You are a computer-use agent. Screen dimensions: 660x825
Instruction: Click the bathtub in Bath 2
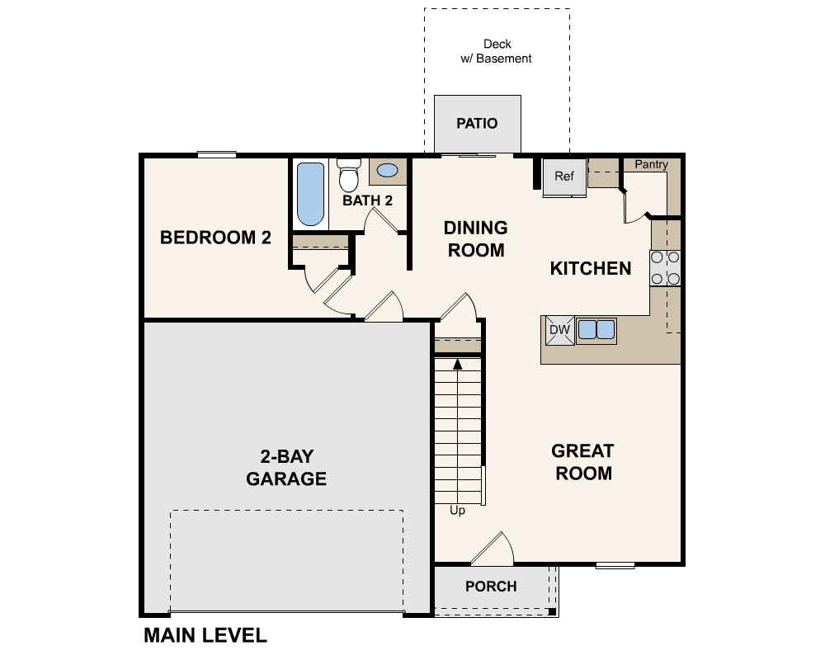[310, 194]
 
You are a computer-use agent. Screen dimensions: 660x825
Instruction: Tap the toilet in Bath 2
[349, 176]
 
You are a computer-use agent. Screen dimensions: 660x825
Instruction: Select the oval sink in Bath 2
[386, 172]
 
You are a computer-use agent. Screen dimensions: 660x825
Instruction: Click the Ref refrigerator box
[564, 177]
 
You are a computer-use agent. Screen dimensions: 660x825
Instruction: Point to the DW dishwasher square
[559, 330]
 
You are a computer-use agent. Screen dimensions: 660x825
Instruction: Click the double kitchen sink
[596, 330]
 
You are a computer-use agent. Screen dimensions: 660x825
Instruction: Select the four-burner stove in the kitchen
[666, 268]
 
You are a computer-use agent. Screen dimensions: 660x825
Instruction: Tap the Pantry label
[651, 165]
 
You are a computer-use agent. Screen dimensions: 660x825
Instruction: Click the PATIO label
[478, 124]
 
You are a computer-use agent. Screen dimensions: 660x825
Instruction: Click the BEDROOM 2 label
[215, 238]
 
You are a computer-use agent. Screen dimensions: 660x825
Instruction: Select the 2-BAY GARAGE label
[286, 468]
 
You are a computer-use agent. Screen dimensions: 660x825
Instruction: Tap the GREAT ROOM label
[583, 462]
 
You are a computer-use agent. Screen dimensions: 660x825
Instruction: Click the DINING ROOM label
[476, 238]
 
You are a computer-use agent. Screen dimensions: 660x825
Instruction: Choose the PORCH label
[491, 587]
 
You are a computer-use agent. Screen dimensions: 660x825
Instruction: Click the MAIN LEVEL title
[205, 635]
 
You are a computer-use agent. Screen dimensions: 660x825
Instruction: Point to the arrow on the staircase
[457, 364]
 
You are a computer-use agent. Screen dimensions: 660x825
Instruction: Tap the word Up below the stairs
[457, 511]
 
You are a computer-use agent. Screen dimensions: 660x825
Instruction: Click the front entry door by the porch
[493, 550]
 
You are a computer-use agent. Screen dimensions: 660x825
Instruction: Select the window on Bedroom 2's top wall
[217, 154]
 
